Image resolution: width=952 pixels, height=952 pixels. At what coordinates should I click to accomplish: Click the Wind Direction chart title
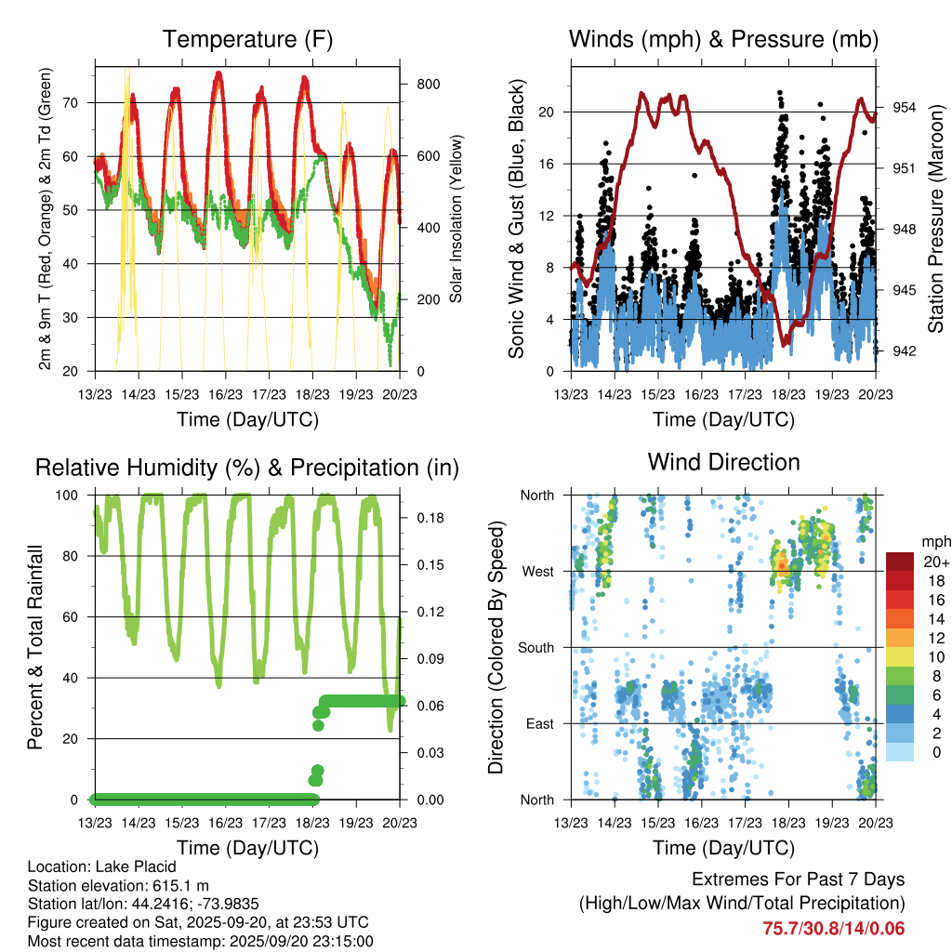pyautogui.click(x=723, y=461)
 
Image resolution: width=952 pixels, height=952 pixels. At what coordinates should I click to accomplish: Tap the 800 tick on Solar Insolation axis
pyautogui.click(x=429, y=84)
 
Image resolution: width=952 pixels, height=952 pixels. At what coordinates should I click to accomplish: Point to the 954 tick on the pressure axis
pyautogui.click(x=906, y=107)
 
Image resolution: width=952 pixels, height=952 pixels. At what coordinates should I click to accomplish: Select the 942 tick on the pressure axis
pyautogui.click(x=906, y=350)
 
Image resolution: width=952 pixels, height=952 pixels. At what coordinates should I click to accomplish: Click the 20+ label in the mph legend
pyautogui.click(x=934, y=562)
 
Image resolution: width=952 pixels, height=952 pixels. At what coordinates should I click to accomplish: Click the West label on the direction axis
pyautogui.click(x=537, y=571)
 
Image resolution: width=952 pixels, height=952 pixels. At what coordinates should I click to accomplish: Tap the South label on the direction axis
pyautogui.click(x=535, y=647)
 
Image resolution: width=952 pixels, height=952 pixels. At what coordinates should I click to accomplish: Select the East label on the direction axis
pyautogui.click(x=538, y=723)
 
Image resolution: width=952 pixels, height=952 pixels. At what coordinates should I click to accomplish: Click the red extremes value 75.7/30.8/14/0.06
pyautogui.click(x=833, y=928)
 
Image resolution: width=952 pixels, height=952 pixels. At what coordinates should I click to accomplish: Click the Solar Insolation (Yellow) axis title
pyautogui.click(x=456, y=219)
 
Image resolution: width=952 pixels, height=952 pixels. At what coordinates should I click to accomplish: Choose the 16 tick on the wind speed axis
pyautogui.click(x=548, y=164)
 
